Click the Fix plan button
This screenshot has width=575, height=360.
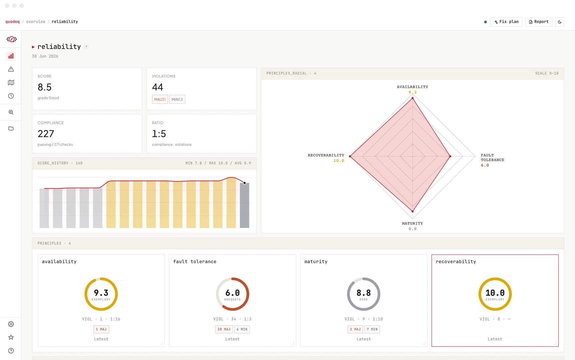tap(506, 22)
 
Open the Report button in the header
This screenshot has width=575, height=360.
tap(539, 22)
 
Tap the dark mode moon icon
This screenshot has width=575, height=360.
tap(560, 22)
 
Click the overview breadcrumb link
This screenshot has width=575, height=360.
tap(36, 22)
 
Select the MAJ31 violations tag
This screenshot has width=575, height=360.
tap(160, 99)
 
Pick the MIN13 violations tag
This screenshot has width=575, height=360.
tap(177, 99)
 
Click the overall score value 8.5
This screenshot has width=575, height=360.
tap(45, 87)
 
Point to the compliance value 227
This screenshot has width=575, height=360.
tap(46, 134)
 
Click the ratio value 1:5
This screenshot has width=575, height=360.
tap(159, 134)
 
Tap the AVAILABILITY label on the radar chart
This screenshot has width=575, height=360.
tap(413, 87)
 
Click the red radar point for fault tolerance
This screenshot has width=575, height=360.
tap(450, 156)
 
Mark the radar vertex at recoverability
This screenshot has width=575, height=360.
tap(350, 156)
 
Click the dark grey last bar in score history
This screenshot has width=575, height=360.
tap(245, 205)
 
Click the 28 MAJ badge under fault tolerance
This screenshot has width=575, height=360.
tap(224, 329)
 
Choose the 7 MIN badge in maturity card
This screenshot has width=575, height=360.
tap(372, 329)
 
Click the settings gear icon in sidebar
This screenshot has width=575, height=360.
tap(11, 324)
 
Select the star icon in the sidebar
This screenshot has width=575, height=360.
tap(11, 337)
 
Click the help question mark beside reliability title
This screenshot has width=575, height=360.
tap(86, 47)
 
